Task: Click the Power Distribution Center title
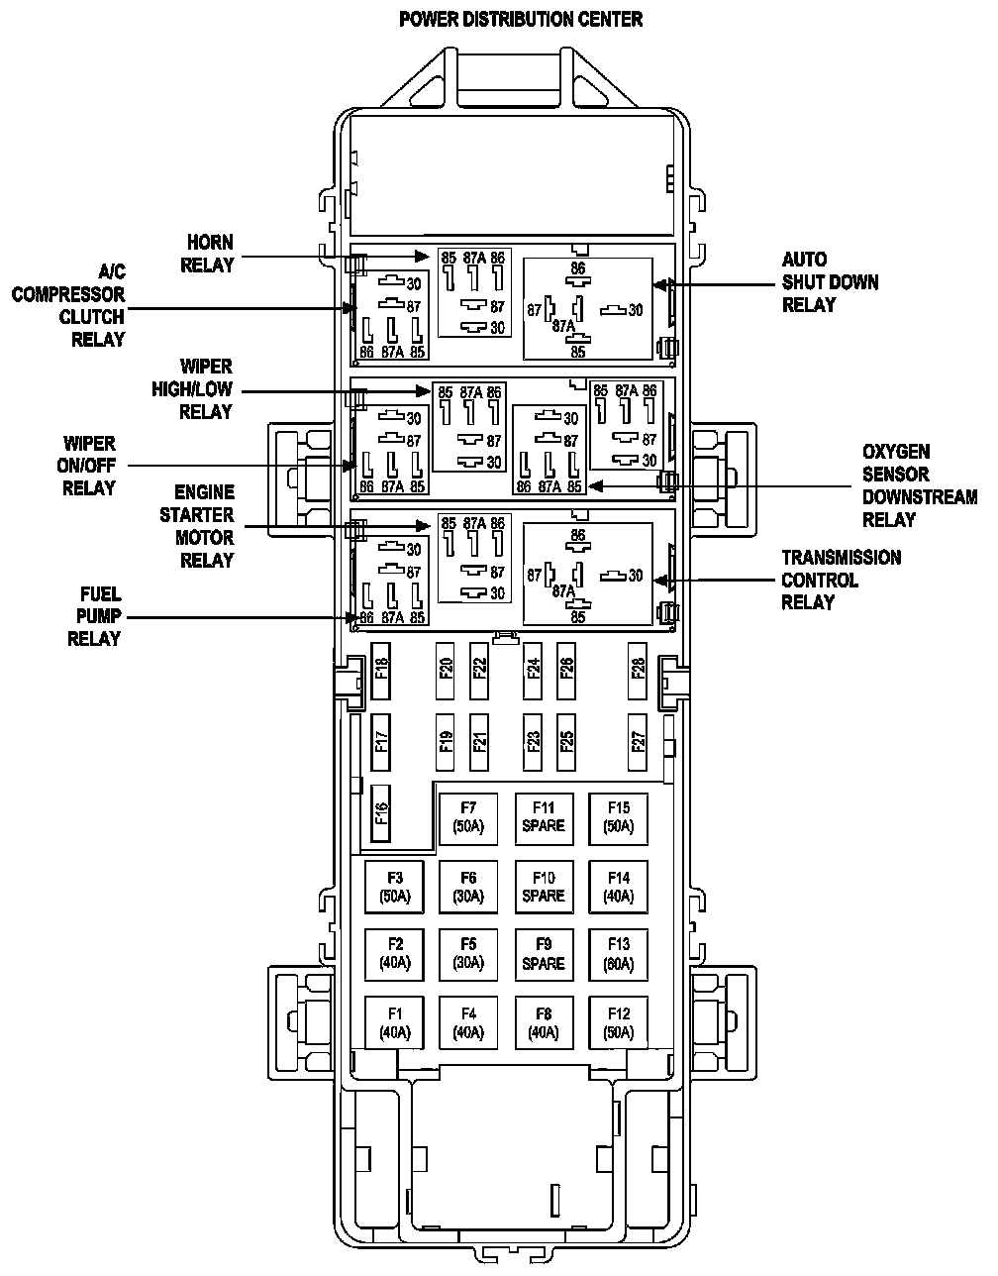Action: pyautogui.click(x=521, y=19)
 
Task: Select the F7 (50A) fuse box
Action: pyautogui.click(x=468, y=818)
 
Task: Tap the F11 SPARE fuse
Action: pyautogui.click(x=544, y=818)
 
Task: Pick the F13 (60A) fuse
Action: pyautogui.click(x=619, y=954)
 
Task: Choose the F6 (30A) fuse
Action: pyautogui.click(x=468, y=887)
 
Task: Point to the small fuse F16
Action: pyautogui.click(x=381, y=811)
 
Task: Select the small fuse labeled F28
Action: pyautogui.click(x=639, y=669)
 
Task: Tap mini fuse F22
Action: pyautogui.click(x=480, y=669)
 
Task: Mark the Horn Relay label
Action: pyautogui.click(x=211, y=254)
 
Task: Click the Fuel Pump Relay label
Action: pyautogui.click(x=94, y=616)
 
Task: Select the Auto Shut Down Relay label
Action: pyautogui.click(x=830, y=282)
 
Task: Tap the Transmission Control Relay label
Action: pyautogui.click(x=842, y=580)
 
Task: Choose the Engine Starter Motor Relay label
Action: pyautogui.click(x=205, y=526)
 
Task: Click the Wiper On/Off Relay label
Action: pyautogui.click(x=89, y=466)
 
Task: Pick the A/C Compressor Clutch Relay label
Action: pyautogui.click(x=69, y=305)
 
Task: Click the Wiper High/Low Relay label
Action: pyautogui.click(x=193, y=389)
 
